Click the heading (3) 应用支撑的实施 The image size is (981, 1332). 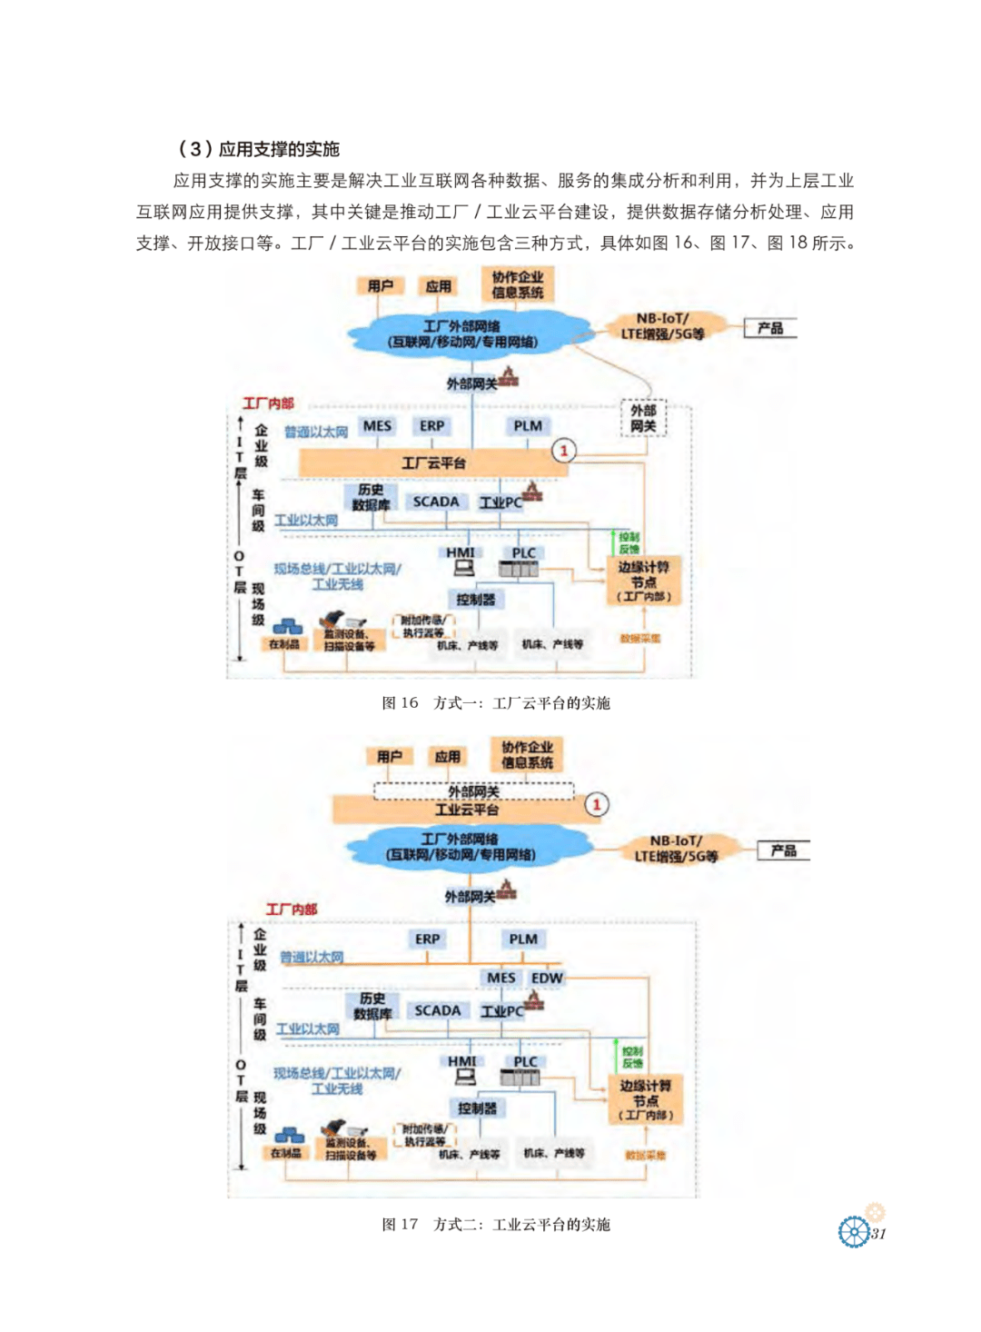pyautogui.click(x=258, y=149)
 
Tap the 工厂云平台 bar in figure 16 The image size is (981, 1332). pyautogui.click(x=433, y=463)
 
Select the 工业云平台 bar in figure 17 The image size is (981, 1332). pyautogui.click(x=465, y=810)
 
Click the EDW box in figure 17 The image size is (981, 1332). pyautogui.click(x=547, y=978)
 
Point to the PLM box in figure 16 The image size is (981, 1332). pyautogui.click(x=527, y=426)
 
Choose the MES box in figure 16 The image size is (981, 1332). pyautogui.click(x=377, y=426)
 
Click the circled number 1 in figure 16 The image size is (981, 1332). pyautogui.click(x=564, y=450)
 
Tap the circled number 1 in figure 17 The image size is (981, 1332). pyautogui.click(x=597, y=804)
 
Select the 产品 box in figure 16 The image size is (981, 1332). pyautogui.click(x=770, y=328)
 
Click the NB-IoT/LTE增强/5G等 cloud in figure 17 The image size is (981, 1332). pyautogui.click(x=676, y=849)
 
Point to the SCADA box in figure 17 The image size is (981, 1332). pyautogui.click(x=437, y=1010)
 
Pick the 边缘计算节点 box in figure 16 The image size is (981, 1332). pyautogui.click(x=643, y=581)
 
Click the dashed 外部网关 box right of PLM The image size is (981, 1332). pyautogui.click(x=643, y=418)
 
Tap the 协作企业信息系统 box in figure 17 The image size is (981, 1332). pyautogui.click(x=527, y=755)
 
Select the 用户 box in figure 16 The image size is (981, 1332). pyautogui.click(x=381, y=286)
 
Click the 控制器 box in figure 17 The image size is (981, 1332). pyautogui.click(x=477, y=1108)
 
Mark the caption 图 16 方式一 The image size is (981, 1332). pyautogui.click(x=496, y=702)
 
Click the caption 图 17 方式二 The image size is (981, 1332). pyautogui.click(x=496, y=1224)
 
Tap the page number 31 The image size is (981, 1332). pyautogui.click(x=878, y=1233)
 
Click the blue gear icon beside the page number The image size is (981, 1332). pyautogui.click(x=854, y=1232)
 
